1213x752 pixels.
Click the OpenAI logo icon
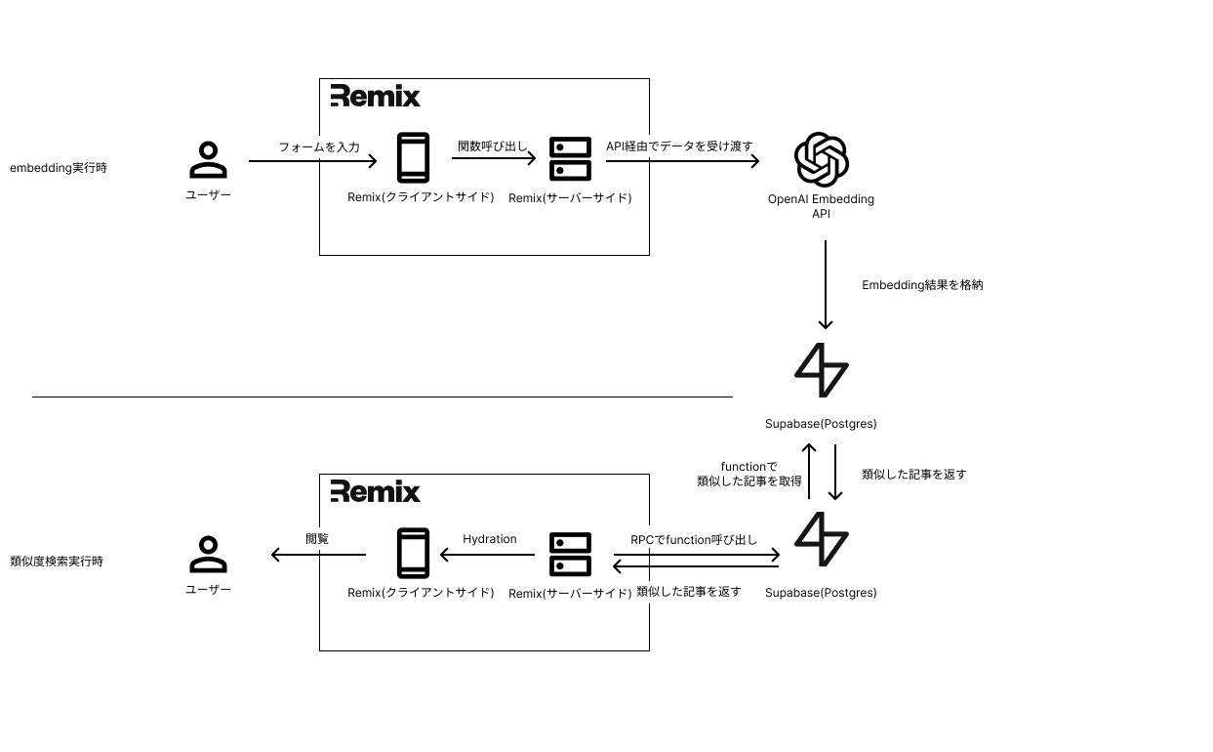[821, 159]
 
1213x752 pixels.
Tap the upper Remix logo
[376, 96]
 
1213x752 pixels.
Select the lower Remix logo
[376, 491]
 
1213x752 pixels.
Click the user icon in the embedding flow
[208, 160]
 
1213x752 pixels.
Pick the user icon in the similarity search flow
[208, 555]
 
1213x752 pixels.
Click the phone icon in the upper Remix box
[413, 157]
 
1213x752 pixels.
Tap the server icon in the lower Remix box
[570, 554]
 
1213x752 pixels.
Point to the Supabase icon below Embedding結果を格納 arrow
[822, 370]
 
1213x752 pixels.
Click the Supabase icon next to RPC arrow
[822, 539]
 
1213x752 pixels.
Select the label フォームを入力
[319, 147]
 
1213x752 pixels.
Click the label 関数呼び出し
[492, 146]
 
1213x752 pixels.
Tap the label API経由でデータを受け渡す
[679, 146]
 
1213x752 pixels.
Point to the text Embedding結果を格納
[922, 285]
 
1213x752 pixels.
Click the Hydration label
[490, 539]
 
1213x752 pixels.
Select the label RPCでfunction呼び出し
[694, 540]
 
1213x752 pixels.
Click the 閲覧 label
[317, 538]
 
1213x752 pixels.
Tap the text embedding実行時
[59, 168]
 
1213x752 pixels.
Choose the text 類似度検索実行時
[57, 562]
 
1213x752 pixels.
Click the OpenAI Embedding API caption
[821, 206]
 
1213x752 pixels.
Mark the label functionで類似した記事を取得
[748, 474]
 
